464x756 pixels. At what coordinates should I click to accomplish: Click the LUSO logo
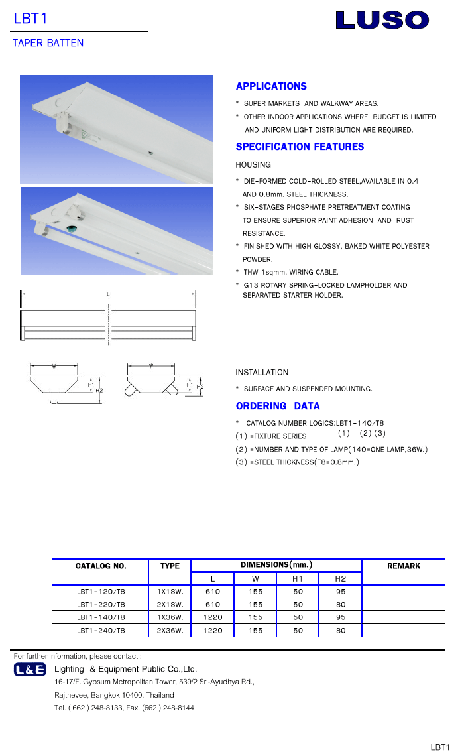[382, 20]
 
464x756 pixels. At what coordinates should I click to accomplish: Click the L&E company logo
[30, 670]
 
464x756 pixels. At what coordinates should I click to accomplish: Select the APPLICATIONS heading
[271, 86]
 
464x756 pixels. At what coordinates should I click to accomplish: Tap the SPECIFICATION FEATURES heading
[300, 147]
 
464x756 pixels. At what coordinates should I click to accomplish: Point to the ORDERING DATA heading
[278, 406]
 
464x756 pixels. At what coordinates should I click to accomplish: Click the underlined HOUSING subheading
[253, 164]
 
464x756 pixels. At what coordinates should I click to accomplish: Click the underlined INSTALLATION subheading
[262, 372]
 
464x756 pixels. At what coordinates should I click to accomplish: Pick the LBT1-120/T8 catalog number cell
[101, 591]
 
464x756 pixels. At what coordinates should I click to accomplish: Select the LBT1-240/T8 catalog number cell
[101, 631]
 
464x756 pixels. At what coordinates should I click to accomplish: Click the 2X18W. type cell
[170, 604]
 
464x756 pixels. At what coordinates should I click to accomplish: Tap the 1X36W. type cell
[170, 617]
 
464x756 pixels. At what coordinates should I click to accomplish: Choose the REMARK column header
[404, 566]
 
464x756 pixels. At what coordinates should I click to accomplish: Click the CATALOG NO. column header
[101, 566]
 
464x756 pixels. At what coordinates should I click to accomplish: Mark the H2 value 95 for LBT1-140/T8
[341, 617]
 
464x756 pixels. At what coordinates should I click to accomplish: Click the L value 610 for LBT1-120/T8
[213, 591]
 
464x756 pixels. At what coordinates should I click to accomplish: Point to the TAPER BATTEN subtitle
[48, 43]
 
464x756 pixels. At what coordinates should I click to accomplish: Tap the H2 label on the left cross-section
[99, 391]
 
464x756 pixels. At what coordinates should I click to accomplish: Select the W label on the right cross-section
[151, 366]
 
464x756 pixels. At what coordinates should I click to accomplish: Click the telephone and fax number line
[124, 708]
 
